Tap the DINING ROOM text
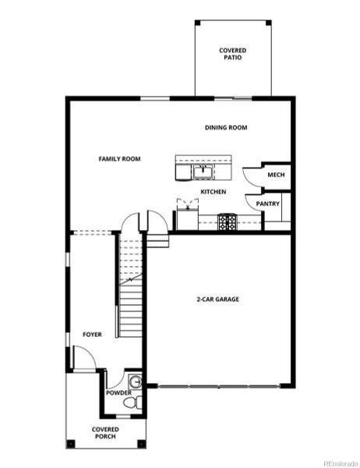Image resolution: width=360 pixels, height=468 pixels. (x=226, y=128)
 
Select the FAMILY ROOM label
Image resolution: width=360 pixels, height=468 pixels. (x=119, y=159)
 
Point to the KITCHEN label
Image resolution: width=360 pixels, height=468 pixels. (x=214, y=191)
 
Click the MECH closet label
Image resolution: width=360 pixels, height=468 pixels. (x=276, y=175)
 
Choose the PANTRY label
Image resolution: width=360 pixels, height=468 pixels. (x=269, y=204)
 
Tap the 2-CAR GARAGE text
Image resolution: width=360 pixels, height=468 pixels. (x=217, y=300)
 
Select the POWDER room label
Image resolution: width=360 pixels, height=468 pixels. (x=119, y=392)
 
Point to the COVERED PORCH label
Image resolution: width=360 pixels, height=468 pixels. (x=105, y=432)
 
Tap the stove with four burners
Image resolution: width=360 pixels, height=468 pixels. (x=227, y=222)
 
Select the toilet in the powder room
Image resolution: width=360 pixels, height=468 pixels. (x=137, y=402)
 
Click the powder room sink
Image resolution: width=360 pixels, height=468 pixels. (x=136, y=381)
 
